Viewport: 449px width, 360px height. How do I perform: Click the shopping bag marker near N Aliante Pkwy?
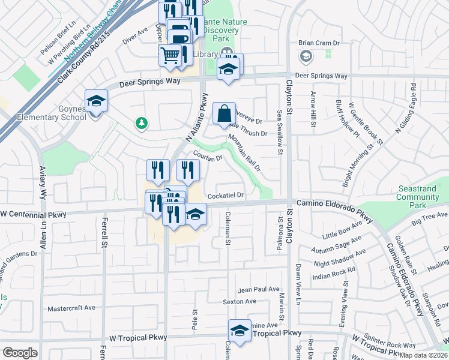pyautogui.click(x=223, y=112)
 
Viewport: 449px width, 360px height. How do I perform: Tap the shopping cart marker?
pyautogui.click(x=171, y=56)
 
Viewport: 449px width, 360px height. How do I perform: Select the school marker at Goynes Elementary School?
pyautogui.click(x=95, y=101)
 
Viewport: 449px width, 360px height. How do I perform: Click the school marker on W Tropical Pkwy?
pyautogui.click(x=240, y=331)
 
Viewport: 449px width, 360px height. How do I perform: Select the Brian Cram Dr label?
pyautogui.click(x=319, y=43)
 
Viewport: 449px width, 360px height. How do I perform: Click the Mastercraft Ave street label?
pyautogui.click(x=71, y=308)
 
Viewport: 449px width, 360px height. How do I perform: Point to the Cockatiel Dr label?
pyautogui.click(x=226, y=196)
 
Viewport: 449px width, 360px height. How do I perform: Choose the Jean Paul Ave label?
pyautogui.click(x=259, y=289)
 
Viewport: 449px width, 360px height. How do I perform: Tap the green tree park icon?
pyautogui.click(x=142, y=123)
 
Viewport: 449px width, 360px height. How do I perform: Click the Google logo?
pyautogui.click(x=20, y=353)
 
